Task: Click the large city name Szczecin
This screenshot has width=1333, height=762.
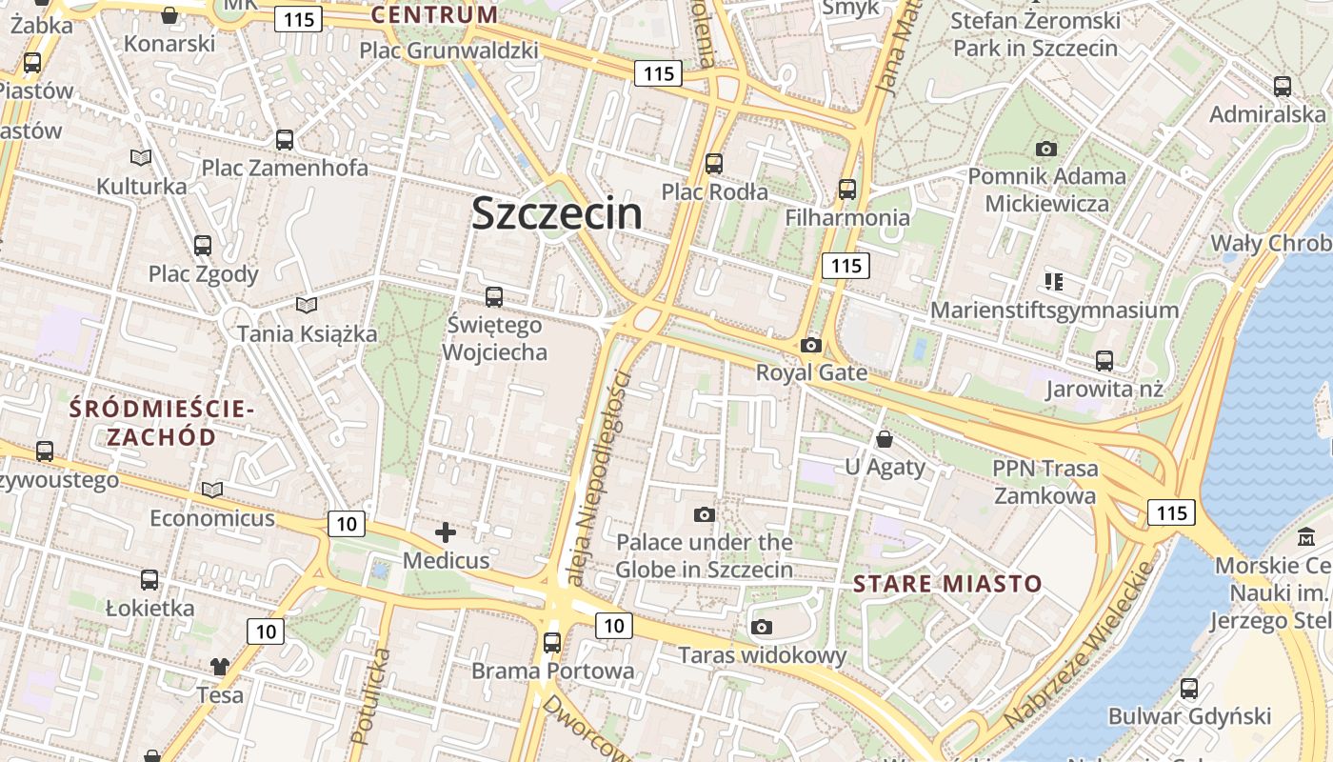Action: pos(557,213)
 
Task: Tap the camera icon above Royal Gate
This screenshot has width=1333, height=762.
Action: pos(811,345)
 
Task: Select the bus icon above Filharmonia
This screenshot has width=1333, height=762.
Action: pos(846,190)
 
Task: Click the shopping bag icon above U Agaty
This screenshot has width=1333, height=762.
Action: pos(885,439)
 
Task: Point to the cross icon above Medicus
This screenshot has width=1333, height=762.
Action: pos(445,532)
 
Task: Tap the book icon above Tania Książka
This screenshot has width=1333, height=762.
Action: pos(307,306)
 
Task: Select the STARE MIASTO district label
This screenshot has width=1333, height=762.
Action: pos(946,583)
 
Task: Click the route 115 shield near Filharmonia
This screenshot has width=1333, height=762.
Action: pos(846,266)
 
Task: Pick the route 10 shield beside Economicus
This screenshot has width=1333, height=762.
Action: pos(347,523)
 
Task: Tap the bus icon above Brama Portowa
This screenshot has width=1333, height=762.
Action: pos(552,642)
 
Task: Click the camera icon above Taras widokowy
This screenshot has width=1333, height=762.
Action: pos(761,627)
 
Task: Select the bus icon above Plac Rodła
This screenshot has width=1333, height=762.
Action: pos(714,164)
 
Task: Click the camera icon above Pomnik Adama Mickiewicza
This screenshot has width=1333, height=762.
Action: pos(1045,149)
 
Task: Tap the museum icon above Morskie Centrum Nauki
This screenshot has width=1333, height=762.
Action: pos(1305,535)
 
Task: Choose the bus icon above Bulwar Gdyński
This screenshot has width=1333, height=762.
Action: pos(1189,688)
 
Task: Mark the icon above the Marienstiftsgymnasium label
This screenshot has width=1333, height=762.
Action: pos(1053,281)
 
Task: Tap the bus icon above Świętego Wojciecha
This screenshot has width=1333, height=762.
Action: pos(493,296)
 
